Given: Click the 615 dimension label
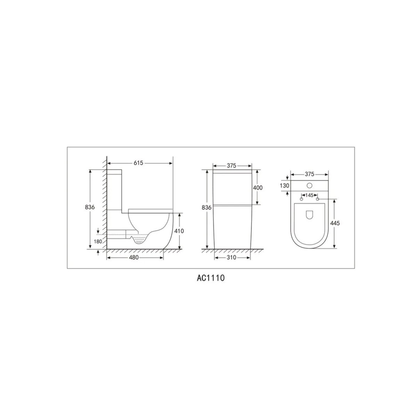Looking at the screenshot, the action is pyautogui.click(x=138, y=163).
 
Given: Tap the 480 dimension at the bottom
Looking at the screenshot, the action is pyautogui.click(x=133, y=257).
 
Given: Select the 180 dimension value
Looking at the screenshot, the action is pyautogui.click(x=98, y=241).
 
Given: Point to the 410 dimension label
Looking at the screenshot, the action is pyautogui.click(x=179, y=231).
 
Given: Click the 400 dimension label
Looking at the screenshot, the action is pyautogui.click(x=258, y=188).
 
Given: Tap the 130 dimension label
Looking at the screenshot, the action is pyautogui.click(x=284, y=186).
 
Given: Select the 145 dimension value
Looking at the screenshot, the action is pyautogui.click(x=309, y=195).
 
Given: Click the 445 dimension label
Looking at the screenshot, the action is pyautogui.click(x=335, y=223).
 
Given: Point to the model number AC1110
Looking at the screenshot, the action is pyautogui.click(x=211, y=278).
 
